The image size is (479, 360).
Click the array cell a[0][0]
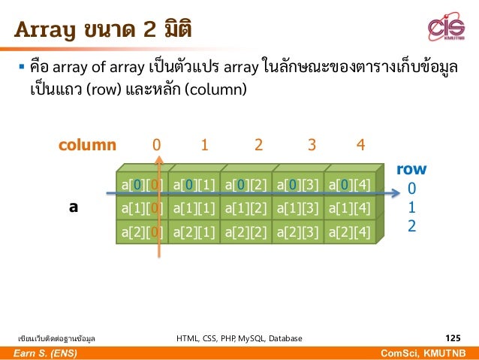[141, 183]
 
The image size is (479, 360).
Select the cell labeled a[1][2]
[246, 207]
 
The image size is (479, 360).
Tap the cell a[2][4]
[350, 232]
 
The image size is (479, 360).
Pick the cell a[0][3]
[298, 183]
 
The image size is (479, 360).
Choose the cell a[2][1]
[194, 232]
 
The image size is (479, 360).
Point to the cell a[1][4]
[350, 207]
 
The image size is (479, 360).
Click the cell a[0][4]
[350, 183]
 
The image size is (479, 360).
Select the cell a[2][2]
[246, 232]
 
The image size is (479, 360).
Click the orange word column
[88, 144]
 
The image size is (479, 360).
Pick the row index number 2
[411, 225]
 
